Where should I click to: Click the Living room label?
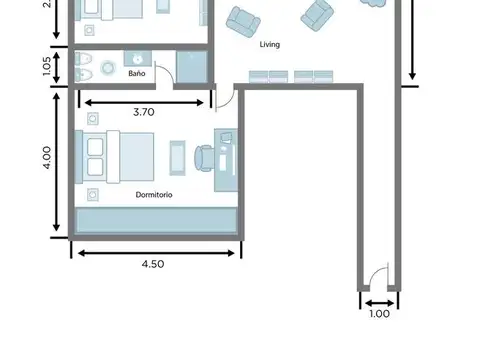click(x=270, y=45)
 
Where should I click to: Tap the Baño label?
click(x=137, y=73)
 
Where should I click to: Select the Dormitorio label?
click(x=153, y=195)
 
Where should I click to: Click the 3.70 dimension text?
click(x=144, y=113)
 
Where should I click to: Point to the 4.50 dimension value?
click(x=152, y=264)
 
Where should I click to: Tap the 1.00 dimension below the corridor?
click(x=380, y=314)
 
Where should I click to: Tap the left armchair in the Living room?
click(x=241, y=20)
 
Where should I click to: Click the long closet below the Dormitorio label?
click(x=155, y=221)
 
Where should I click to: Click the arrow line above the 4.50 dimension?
click(x=155, y=251)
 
